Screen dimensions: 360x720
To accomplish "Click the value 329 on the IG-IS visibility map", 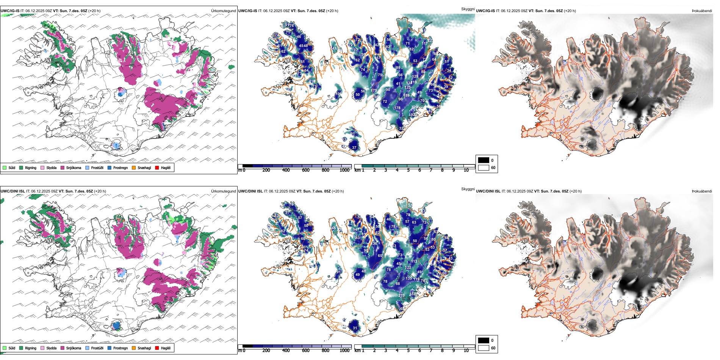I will [414, 107].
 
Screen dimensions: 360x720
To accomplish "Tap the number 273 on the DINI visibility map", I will [401, 296].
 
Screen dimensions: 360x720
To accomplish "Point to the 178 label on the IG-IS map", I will [397, 108].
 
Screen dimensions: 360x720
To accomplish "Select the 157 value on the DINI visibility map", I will [412, 294].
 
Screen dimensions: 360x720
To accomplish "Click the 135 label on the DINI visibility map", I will [409, 279].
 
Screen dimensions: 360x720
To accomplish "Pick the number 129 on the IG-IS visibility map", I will [415, 77].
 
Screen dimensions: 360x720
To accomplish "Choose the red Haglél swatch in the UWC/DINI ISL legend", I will [157, 348].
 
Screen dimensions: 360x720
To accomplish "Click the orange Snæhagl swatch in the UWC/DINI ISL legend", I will [134, 348].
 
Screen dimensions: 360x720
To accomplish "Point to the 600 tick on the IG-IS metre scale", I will [305, 170].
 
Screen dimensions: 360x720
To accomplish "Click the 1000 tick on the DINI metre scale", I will [344, 351].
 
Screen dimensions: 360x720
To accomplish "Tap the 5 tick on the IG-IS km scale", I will [408, 170].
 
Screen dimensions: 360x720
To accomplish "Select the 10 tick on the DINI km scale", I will [466, 351].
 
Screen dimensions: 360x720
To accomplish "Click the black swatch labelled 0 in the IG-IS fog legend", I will [484, 160].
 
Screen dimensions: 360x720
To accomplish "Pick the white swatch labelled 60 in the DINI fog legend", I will [484, 348].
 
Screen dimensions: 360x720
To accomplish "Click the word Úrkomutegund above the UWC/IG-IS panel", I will [223, 11].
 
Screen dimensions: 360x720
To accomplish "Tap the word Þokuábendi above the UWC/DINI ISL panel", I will [702, 191].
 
